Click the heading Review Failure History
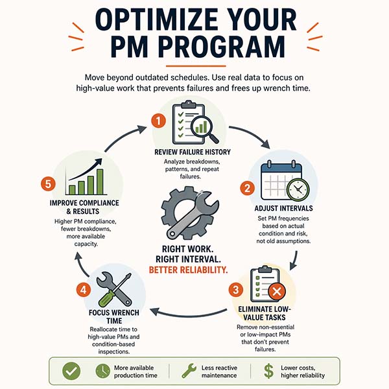pyautogui.click(x=193, y=152)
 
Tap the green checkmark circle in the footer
pyautogui.click(x=71, y=371)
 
